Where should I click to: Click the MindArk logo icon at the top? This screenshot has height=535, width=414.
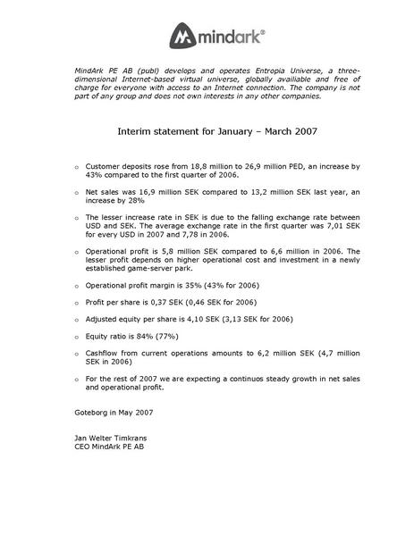coord(183,37)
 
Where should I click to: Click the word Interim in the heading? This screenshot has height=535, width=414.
coord(134,130)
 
